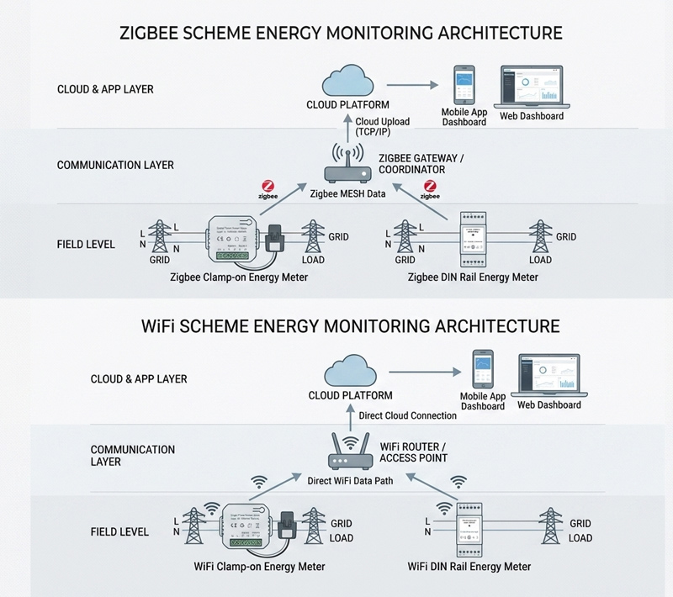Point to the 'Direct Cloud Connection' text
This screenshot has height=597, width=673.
coord(407,415)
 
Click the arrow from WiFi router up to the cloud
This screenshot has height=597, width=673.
coord(349,416)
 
